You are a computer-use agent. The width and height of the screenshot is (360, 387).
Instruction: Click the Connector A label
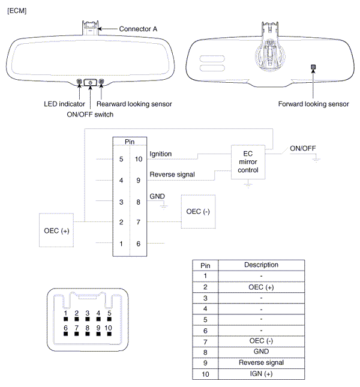139,29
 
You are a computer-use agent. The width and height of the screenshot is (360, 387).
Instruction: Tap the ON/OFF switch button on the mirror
91,82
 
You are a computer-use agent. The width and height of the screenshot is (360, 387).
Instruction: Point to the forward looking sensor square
313,67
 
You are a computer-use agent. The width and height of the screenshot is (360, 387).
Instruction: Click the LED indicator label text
64,104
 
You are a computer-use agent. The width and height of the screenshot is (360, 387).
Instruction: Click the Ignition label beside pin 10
160,154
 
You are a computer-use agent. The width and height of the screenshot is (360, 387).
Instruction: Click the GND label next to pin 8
157,196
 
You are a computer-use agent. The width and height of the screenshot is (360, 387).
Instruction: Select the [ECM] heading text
17,11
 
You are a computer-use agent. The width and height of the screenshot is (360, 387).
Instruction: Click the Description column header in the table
262,265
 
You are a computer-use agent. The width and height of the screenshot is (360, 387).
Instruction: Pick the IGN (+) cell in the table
262,374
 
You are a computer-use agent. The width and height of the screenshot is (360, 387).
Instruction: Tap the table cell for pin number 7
205,341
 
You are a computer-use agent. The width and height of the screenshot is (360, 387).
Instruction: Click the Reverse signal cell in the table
262,363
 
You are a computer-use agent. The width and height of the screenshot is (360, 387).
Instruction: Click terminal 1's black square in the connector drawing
66,320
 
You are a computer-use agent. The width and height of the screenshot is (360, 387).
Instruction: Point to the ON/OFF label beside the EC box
303,148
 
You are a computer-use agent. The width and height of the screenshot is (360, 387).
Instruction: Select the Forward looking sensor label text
313,104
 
